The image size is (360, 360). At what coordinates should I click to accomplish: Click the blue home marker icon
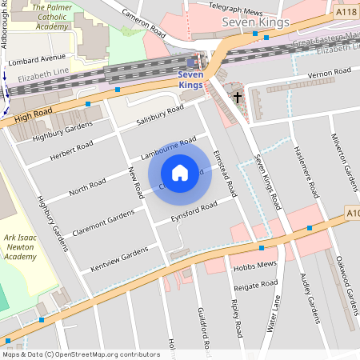click(180, 173)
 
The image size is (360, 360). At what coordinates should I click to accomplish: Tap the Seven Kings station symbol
click(190, 62)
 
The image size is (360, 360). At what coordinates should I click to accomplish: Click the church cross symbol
click(238, 98)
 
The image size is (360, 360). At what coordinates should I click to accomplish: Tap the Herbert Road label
click(71, 150)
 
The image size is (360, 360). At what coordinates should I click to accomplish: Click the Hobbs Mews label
click(254, 265)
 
